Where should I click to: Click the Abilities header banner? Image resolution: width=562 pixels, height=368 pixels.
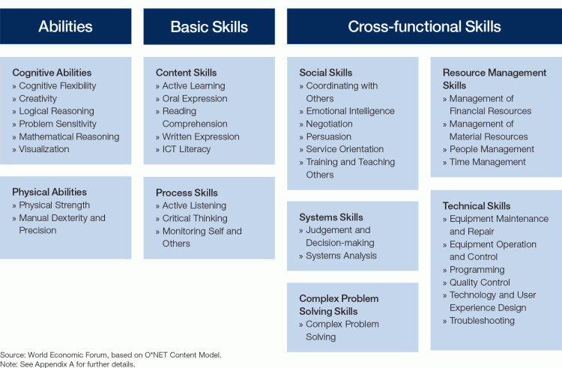(x=66, y=26)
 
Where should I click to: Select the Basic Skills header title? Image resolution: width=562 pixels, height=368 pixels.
(x=209, y=27)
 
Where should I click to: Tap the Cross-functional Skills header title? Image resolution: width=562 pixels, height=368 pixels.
(x=424, y=26)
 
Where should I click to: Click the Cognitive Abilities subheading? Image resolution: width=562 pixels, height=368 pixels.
(x=52, y=73)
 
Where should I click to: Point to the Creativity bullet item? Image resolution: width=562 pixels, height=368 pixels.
(x=37, y=98)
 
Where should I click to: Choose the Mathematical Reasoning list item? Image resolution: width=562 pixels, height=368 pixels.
(x=69, y=136)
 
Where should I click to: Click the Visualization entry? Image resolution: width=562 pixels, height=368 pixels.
(x=43, y=149)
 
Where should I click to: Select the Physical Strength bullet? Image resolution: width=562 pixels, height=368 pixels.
(x=54, y=205)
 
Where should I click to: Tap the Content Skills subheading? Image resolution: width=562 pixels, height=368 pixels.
(x=187, y=73)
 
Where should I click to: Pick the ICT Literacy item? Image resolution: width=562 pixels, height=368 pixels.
(x=187, y=149)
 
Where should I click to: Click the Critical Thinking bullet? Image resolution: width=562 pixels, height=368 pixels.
(x=195, y=218)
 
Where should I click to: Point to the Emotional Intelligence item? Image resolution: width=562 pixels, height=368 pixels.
(x=350, y=111)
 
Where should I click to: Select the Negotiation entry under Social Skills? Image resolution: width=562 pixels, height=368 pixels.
(x=329, y=124)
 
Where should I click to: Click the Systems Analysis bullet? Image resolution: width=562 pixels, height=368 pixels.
(x=341, y=256)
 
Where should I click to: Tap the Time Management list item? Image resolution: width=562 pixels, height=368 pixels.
(x=488, y=162)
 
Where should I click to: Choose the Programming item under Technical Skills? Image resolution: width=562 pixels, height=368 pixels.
(x=477, y=270)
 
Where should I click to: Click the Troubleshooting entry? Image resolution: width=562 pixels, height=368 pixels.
(x=482, y=320)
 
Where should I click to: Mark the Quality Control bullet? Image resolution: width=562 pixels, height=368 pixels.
(x=480, y=283)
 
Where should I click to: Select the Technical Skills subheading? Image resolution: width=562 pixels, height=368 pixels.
(x=477, y=206)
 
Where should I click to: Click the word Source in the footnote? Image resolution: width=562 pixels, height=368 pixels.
(x=13, y=355)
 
